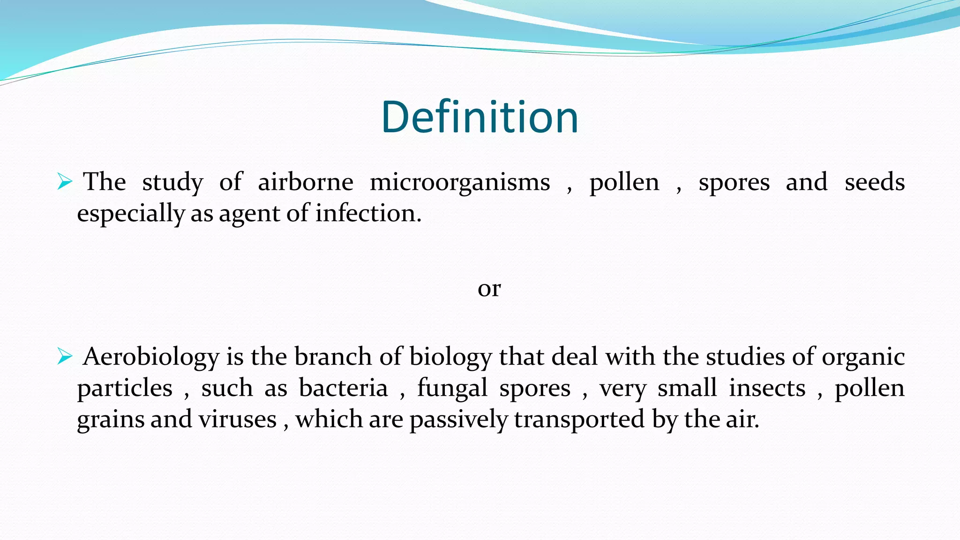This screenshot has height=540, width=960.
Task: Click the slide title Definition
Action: (x=480, y=117)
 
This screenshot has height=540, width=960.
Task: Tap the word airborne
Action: (x=305, y=182)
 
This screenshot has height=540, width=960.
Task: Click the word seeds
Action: (x=874, y=182)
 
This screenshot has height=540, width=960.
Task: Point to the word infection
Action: (x=368, y=213)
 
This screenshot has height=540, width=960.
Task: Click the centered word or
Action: (x=489, y=289)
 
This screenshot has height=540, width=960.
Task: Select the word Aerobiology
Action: (x=151, y=357)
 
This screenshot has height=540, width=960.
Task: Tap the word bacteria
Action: (x=343, y=388)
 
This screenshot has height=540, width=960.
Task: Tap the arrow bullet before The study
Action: (x=65, y=181)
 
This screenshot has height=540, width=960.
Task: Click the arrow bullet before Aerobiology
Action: (x=65, y=357)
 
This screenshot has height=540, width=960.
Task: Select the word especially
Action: (x=131, y=214)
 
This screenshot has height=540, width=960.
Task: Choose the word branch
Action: (x=333, y=357)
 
